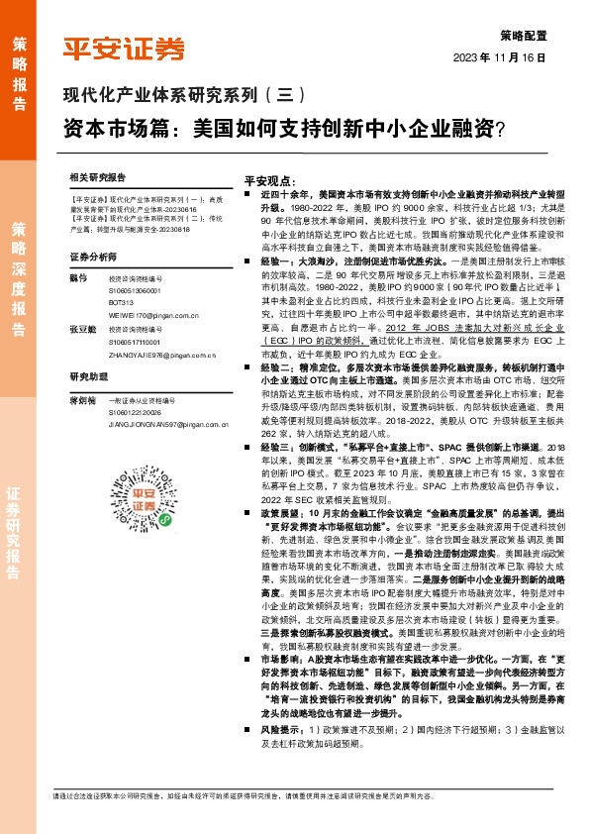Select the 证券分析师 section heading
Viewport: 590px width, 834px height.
(95, 257)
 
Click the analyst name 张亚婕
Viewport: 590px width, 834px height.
(82, 327)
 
